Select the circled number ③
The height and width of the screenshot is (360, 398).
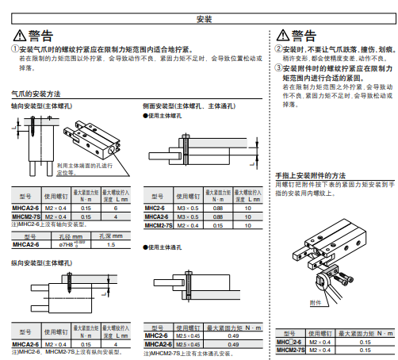[279, 68]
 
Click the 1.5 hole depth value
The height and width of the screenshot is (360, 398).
[110, 244]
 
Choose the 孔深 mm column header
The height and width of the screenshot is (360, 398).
[110, 236]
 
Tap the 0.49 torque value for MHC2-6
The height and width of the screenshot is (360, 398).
[233, 336]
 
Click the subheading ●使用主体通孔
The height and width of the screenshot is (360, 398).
[163, 247]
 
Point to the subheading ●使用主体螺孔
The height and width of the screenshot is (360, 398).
[163, 115]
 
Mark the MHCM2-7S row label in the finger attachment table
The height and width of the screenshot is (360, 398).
[291, 350]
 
